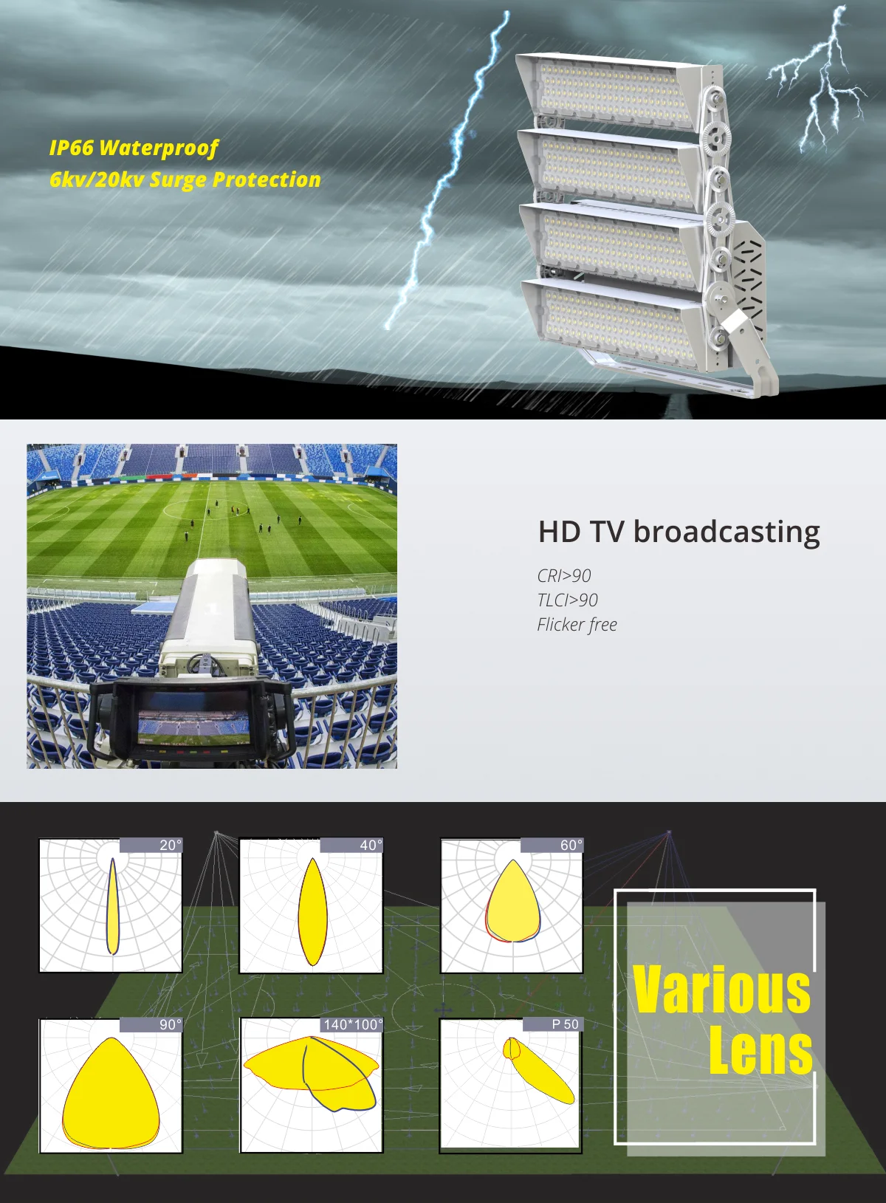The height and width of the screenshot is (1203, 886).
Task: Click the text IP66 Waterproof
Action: click(x=134, y=148)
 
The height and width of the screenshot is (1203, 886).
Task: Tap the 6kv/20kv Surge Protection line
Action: click(x=185, y=180)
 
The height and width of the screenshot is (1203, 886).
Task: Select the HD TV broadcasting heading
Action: click(x=679, y=532)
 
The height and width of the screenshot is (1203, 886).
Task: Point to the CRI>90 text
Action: click(x=564, y=576)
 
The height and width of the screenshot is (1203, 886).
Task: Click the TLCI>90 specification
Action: click(x=567, y=600)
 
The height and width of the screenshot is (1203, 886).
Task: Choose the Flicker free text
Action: click(x=577, y=625)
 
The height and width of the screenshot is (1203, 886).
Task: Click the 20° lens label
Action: click(x=169, y=846)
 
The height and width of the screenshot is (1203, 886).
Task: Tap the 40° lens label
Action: click(x=371, y=846)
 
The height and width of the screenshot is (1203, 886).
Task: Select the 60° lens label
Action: click(x=571, y=846)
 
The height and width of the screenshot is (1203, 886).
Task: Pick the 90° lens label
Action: click(x=169, y=1025)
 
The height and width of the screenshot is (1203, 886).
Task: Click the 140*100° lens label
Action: click(x=353, y=1025)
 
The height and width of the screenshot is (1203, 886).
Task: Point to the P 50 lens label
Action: click(x=565, y=1025)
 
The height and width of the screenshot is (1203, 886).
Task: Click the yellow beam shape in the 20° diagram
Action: click(x=112, y=908)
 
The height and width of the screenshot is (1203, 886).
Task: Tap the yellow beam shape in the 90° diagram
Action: click(x=111, y=1093)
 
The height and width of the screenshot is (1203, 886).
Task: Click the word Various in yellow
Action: click(x=721, y=990)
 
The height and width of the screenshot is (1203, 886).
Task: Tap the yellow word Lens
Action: click(x=760, y=1050)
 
